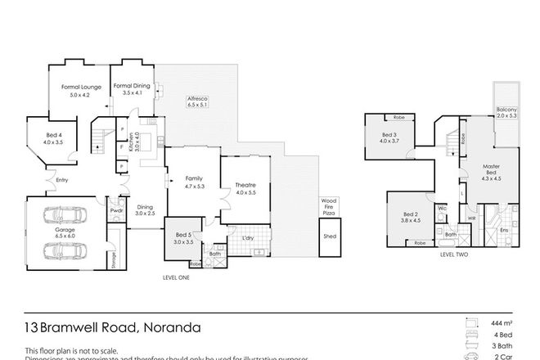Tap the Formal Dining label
(132, 86)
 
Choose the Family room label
(193, 178)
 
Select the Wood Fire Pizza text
(329, 206)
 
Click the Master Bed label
(489, 169)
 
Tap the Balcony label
(506, 110)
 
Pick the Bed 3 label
(389, 135)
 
